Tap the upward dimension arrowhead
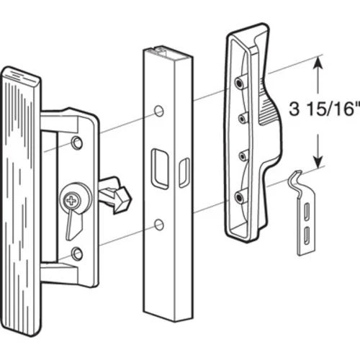318,63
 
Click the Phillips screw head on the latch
71,200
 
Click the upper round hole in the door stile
158,111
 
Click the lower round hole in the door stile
158,225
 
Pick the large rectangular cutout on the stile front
160,169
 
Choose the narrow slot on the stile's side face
184,173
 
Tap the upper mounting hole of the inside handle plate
77,143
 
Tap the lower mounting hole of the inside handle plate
77,253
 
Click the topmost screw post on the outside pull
240,83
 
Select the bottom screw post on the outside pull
240,197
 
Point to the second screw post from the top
242,117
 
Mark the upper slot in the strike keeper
307,211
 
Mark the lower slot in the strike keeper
307,236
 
